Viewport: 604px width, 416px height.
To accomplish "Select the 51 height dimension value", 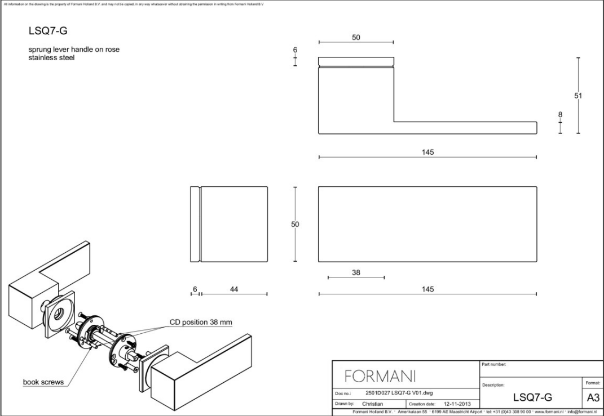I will [578, 96].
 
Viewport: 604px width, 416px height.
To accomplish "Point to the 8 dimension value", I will [560, 114].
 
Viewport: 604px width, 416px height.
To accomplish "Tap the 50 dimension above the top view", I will [356, 37].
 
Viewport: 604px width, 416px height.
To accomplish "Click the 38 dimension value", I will [356, 272].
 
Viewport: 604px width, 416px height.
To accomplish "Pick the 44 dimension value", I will [233, 289].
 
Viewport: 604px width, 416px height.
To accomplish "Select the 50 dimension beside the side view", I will [295, 224].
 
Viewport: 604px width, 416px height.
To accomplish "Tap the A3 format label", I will [592, 397].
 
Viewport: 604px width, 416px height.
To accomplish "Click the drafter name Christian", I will [373, 403].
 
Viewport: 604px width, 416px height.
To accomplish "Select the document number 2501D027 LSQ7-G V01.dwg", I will [399, 392].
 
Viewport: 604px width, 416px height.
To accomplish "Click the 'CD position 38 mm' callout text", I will [201, 323].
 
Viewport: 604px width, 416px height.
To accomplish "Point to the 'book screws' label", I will [43, 382].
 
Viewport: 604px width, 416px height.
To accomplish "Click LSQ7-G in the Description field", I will [532, 397].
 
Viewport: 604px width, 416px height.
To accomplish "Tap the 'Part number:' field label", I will [494, 364].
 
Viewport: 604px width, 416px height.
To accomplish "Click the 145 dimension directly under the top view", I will [427, 152].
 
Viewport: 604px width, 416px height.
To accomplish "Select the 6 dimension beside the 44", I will [195, 289].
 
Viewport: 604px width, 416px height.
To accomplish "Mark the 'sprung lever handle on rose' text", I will [74, 50].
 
